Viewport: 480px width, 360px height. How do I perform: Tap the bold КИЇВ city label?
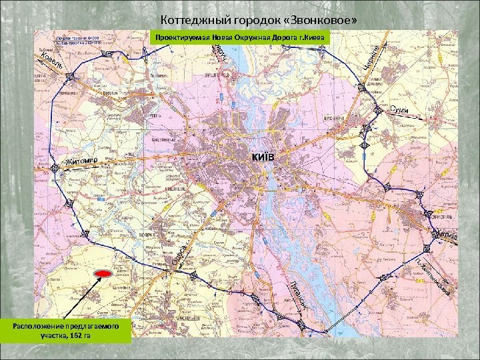pos(263,156)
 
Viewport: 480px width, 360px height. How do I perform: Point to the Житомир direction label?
pos(83,161)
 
